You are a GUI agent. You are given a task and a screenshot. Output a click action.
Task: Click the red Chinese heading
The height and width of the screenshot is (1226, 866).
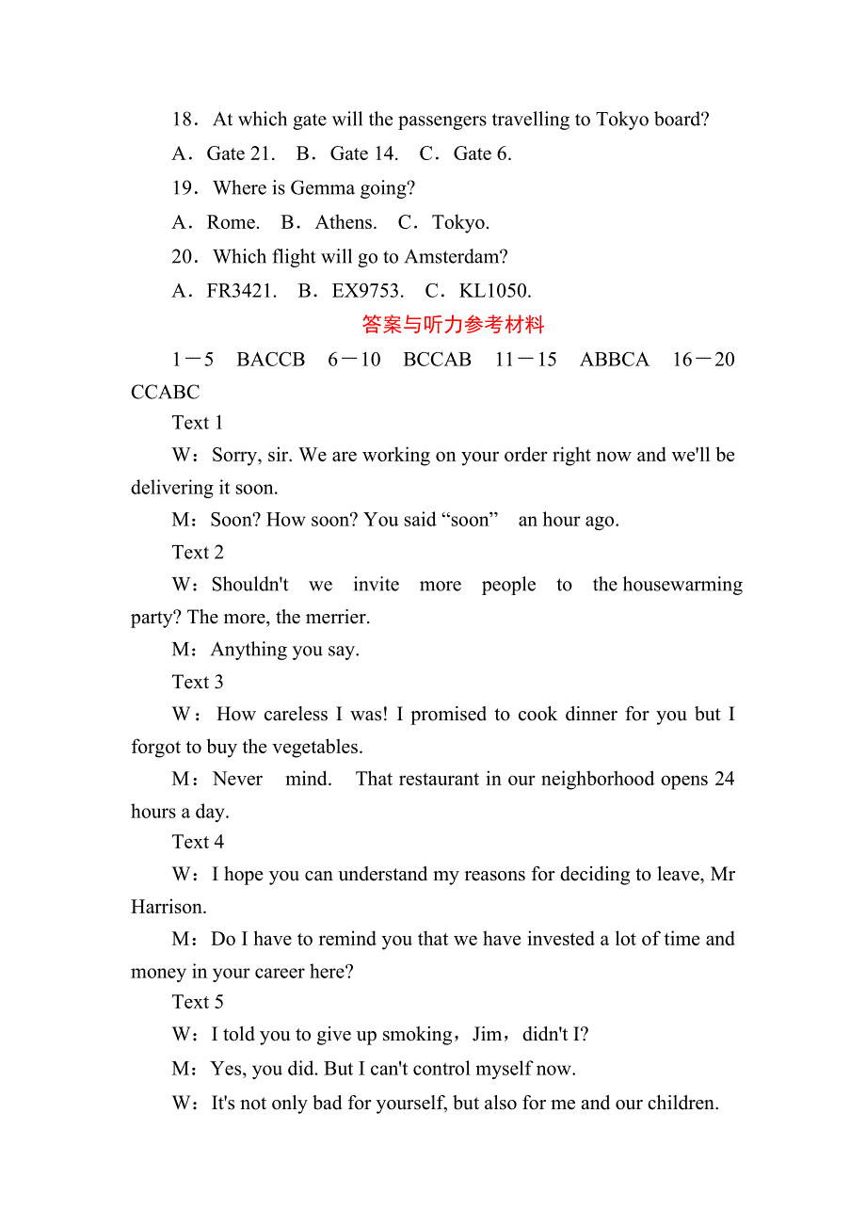[x=453, y=326]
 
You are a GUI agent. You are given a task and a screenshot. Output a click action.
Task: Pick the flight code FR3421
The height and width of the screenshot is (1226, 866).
[x=241, y=291]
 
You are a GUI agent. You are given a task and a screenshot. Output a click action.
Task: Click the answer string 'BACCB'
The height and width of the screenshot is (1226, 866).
[x=271, y=360]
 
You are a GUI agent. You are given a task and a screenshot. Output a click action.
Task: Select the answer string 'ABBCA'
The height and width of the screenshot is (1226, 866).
[x=615, y=360]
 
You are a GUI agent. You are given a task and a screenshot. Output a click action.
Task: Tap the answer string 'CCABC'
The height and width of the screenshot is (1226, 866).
[x=166, y=392]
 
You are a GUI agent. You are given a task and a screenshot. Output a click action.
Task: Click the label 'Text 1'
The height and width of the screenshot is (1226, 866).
[x=198, y=423]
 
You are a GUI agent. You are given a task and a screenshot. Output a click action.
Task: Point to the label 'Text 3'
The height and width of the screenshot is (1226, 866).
[x=198, y=682]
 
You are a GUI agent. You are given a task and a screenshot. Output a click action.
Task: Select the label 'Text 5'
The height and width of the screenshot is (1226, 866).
[x=198, y=1002]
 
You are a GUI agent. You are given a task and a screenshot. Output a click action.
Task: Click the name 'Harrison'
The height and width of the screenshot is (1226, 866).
[x=168, y=907]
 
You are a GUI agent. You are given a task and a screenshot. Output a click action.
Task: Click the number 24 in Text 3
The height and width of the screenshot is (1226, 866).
[x=723, y=779]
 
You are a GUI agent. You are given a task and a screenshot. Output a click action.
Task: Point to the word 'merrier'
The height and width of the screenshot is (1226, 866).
[x=335, y=618]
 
